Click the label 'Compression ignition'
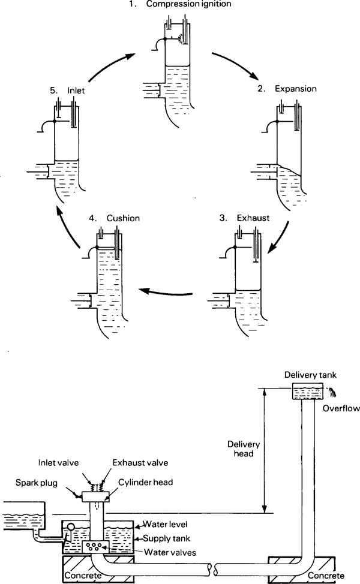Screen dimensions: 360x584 [x=188, y=4]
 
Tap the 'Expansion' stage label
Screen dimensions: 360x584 [x=296, y=89]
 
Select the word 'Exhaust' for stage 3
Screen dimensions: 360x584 [x=253, y=218]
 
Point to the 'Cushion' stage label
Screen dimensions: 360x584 [x=123, y=218]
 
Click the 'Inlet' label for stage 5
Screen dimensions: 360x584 [x=76, y=90]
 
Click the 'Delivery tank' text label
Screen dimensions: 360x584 [x=310, y=375]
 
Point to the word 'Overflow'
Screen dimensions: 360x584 [x=341, y=408]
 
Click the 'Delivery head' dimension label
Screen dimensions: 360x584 [x=244, y=449]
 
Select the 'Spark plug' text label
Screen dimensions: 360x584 [x=37, y=483]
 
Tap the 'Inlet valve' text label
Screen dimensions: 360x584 [x=59, y=463]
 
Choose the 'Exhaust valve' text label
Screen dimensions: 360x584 [x=140, y=463]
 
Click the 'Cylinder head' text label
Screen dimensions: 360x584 [x=146, y=482]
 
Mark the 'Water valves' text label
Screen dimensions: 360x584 [x=170, y=552]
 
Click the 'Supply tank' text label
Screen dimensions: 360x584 [x=167, y=538]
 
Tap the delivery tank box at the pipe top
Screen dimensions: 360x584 [x=307, y=391]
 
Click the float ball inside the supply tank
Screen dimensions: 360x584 [x=70, y=526]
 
